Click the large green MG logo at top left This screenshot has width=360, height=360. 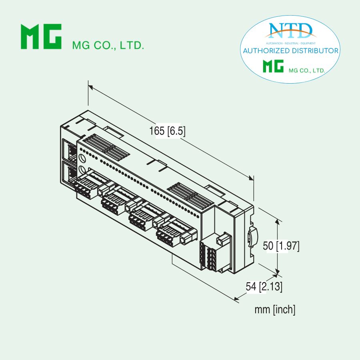[x=41, y=37]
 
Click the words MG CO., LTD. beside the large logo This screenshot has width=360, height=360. [x=108, y=45]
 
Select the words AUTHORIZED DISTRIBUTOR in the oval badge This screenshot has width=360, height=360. [x=291, y=51]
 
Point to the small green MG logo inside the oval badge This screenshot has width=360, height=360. [x=273, y=66]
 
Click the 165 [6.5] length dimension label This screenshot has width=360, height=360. [x=167, y=131]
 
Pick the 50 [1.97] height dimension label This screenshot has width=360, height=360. [x=281, y=246]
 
